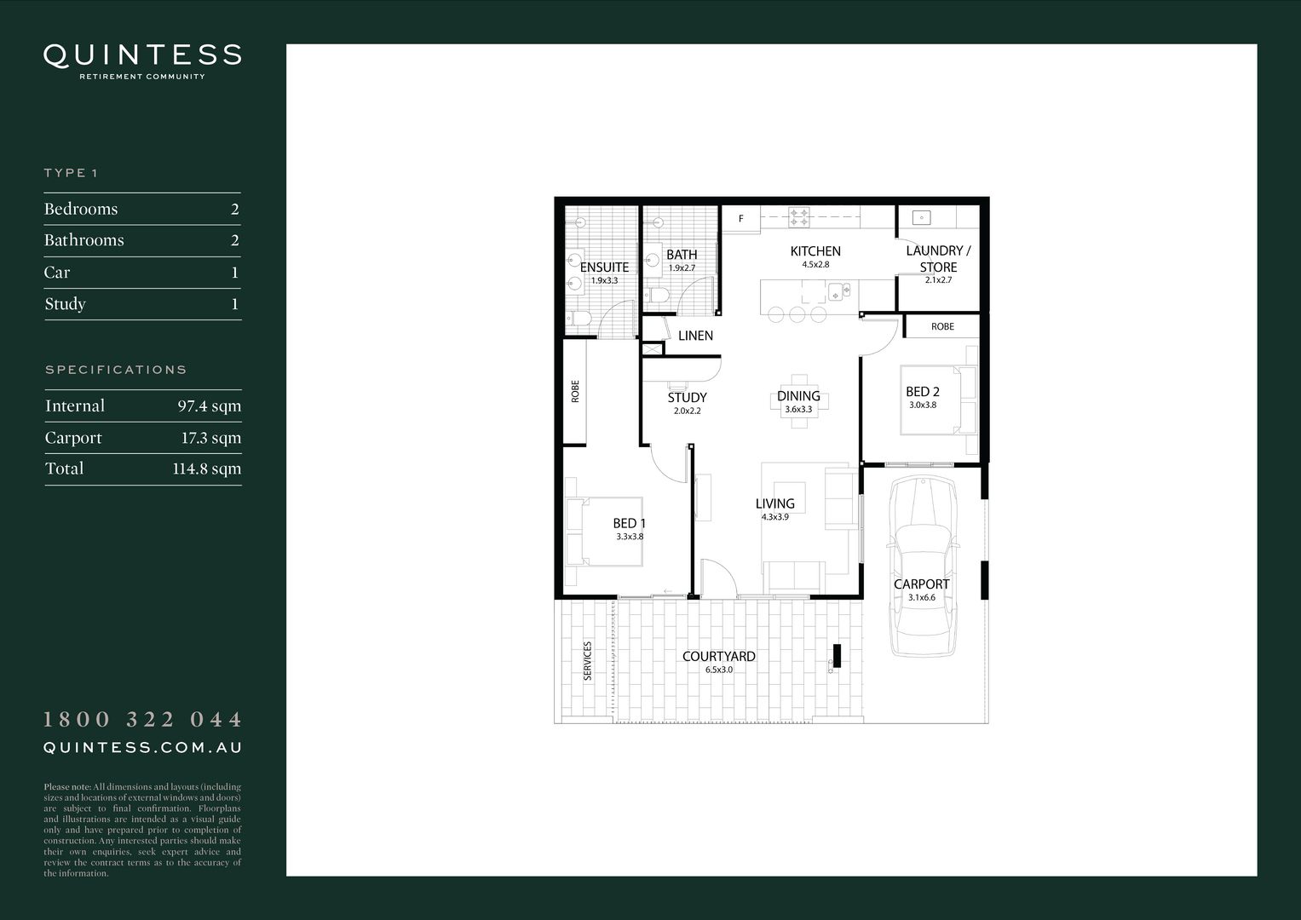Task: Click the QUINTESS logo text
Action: [x=142, y=56]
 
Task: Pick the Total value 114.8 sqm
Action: [x=206, y=469]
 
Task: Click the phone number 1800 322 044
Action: [x=142, y=720]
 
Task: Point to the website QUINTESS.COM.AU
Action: [x=142, y=747]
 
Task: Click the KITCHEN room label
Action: [x=815, y=251]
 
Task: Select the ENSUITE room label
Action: [x=604, y=267]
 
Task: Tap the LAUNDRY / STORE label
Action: [x=938, y=258]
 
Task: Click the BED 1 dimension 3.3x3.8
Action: [x=630, y=537]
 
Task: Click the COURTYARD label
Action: [x=718, y=657]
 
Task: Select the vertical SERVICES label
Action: [x=587, y=660]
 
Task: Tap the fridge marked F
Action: [x=741, y=219]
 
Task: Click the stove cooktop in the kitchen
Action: [x=798, y=217]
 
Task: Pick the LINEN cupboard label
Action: [x=695, y=336]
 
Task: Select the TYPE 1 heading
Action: [x=71, y=173]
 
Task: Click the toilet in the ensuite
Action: [x=581, y=319]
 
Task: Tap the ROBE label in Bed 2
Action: [x=942, y=326]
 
